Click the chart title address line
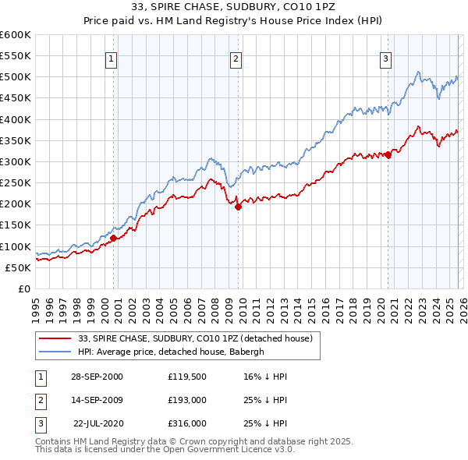point(233,7)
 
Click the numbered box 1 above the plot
point(111,58)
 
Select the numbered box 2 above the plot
point(236,58)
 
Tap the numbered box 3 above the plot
point(385,58)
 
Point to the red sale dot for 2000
point(114,238)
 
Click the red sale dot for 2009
point(238,207)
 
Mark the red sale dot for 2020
point(388,154)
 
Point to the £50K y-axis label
point(19,267)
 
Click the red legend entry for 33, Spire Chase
point(195,338)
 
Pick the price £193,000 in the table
point(186,400)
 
